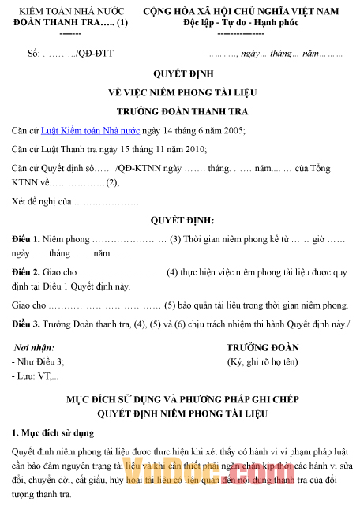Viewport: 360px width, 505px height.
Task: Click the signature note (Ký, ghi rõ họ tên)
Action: point(262,361)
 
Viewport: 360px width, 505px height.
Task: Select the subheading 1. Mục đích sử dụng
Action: point(53,432)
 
